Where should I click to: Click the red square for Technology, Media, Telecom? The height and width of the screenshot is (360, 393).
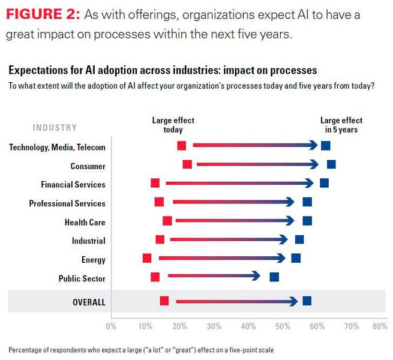point(182,146)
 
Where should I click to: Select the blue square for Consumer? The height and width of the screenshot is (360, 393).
point(331,164)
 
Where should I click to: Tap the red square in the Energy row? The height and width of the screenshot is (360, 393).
point(147,258)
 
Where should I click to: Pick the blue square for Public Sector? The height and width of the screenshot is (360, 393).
point(274,277)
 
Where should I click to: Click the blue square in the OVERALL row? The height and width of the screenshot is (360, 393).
point(307,301)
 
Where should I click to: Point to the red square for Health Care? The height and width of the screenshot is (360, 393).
point(167,221)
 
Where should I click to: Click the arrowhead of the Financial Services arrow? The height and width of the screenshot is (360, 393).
point(308,183)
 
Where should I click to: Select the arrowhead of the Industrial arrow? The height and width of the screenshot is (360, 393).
point(283,239)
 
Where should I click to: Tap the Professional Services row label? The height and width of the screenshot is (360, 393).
point(67,203)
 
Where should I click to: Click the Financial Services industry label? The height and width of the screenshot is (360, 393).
point(73,185)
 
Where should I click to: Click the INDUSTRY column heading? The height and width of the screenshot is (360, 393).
point(55,127)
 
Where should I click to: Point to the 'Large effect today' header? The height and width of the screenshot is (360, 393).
point(173,125)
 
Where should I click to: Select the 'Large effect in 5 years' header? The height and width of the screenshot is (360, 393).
point(341,125)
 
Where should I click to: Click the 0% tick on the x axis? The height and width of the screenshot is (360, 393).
point(110,327)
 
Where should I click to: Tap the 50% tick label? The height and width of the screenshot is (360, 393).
point(282,327)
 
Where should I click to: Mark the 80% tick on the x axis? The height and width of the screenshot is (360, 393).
point(379,327)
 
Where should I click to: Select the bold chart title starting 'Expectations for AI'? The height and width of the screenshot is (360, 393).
point(162,71)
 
